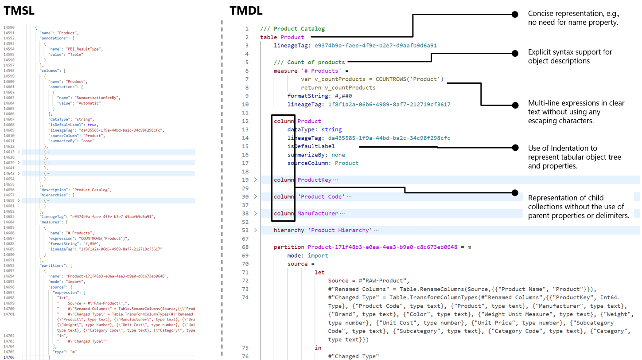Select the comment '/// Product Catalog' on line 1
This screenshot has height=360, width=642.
pyautogui.click(x=292, y=29)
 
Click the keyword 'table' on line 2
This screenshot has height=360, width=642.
pyautogui.click(x=268, y=37)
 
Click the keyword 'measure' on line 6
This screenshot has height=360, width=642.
pyautogui.click(x=285, y=71)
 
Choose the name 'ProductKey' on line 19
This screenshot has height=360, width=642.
pyautogui.click(x=315, y=180)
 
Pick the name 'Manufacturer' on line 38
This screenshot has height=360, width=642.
pyautogui.click(x=318, y=214)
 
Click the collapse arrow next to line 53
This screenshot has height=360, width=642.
pyautogui.click(x=255, y=231)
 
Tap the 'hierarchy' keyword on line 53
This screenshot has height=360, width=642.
pyautogui.click(x=289, y=231)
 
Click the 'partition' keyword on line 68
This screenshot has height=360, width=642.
pyautogui.click(x=289, y=247)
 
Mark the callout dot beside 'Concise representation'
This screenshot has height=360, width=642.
pyautogui.click(x=515, y=15)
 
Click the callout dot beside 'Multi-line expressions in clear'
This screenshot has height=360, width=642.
pyautogui.click(x=515, y=105)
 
